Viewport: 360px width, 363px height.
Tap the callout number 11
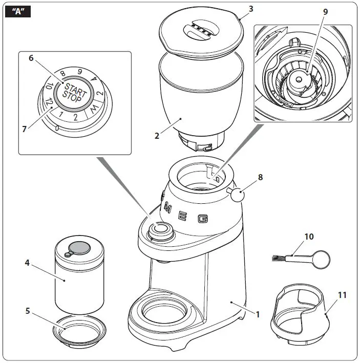coord(342,295)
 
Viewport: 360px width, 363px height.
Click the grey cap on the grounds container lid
coord(78,248)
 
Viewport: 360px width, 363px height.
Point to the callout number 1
coord(258,314)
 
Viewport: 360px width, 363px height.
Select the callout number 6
coord(31,58)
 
